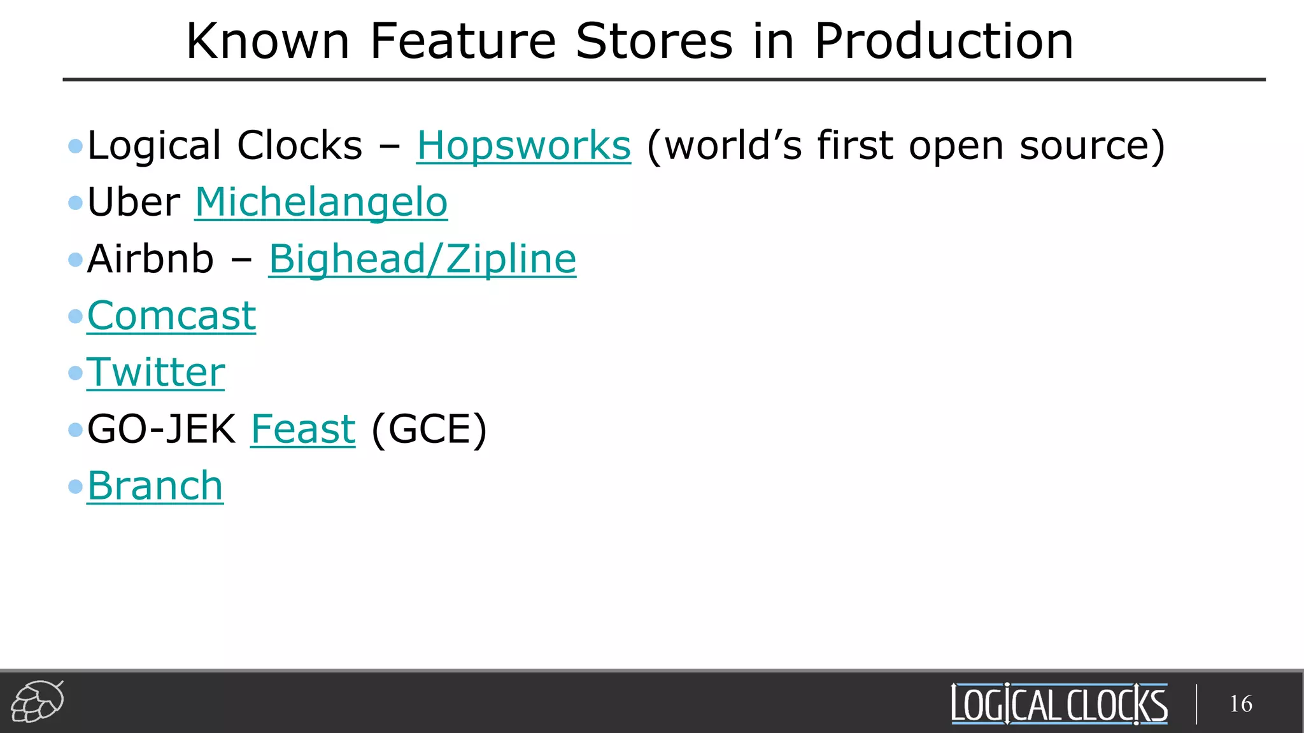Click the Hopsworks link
tap(523, 146)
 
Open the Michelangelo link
tap(321, 202)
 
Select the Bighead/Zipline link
tap(422, 259)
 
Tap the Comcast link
tap(171, 316)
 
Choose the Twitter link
tap(156, 372)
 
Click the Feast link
tap(303, 429)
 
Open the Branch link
tap(155, 486)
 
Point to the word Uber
tap(134, 202)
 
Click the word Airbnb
tap(150, 259)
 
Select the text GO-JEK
tap(161, 429)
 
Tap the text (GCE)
tap(429, 429)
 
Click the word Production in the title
tap(944, 41)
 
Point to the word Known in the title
tap(267, 41)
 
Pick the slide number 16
tap(1240, 704)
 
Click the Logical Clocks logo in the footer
tap(1059, 704)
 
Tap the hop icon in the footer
tap(38, 702)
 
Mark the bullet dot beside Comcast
tap(76, 316)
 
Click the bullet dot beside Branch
tap(76, 487)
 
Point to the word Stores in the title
tap(654, 41)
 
